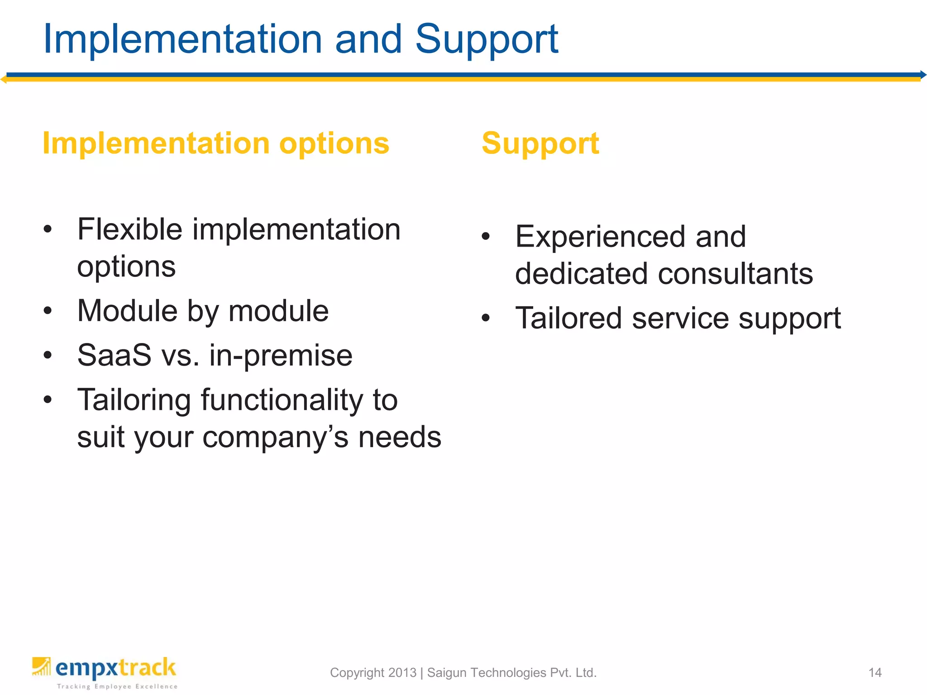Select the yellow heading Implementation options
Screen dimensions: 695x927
click(215, 143)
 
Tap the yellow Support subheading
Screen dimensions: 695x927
click(540, 143)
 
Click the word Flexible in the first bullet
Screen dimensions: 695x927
click(129, 229)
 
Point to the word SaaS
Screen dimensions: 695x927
click(114, 356)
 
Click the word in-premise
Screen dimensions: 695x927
click(281, 356)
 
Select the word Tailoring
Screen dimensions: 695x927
click(134, 400)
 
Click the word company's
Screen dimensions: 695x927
click(275, 438)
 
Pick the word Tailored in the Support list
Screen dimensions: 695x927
click(569, 318)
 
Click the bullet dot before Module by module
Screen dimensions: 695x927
click(48, 311)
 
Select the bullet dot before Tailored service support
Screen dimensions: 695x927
click(486, 318)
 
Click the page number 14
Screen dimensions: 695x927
click(874, 673)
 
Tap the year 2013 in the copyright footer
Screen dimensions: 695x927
click(402, 673)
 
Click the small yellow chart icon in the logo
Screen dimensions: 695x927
click(41, 666)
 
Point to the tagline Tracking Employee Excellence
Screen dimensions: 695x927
click(117, 686)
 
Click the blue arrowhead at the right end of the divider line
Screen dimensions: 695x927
click(923, 75)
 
